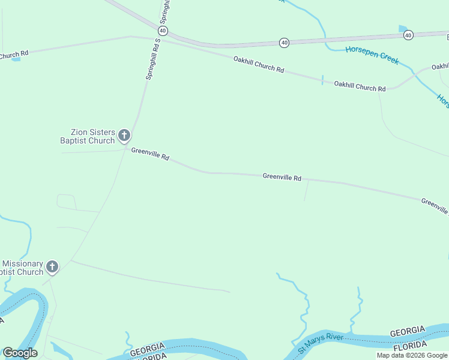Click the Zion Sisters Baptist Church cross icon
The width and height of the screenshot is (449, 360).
[x=124, y=135]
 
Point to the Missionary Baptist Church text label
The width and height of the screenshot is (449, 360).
[x=22, y=268]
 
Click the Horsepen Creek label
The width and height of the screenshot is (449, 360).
[x=372, y=55]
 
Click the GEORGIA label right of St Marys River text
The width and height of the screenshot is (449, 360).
[x=408, y=332]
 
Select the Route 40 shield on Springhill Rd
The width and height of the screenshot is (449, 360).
[x=163, y=31]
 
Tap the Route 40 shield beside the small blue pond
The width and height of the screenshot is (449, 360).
[x=408, y=35]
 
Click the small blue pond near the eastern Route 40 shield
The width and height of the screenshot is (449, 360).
[x=402, y=28]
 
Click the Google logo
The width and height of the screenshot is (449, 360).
[x=20, y=353]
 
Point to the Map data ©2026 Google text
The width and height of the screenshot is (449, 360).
[x=412, y=355]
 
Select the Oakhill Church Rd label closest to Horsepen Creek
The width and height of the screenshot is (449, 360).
[x=360, y=86]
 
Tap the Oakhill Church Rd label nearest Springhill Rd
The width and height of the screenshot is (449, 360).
[x=258, y=64]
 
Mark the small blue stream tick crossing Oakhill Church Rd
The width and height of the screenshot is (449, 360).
[x=322, y=80]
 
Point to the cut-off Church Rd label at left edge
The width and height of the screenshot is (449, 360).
[x=13, y=55]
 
